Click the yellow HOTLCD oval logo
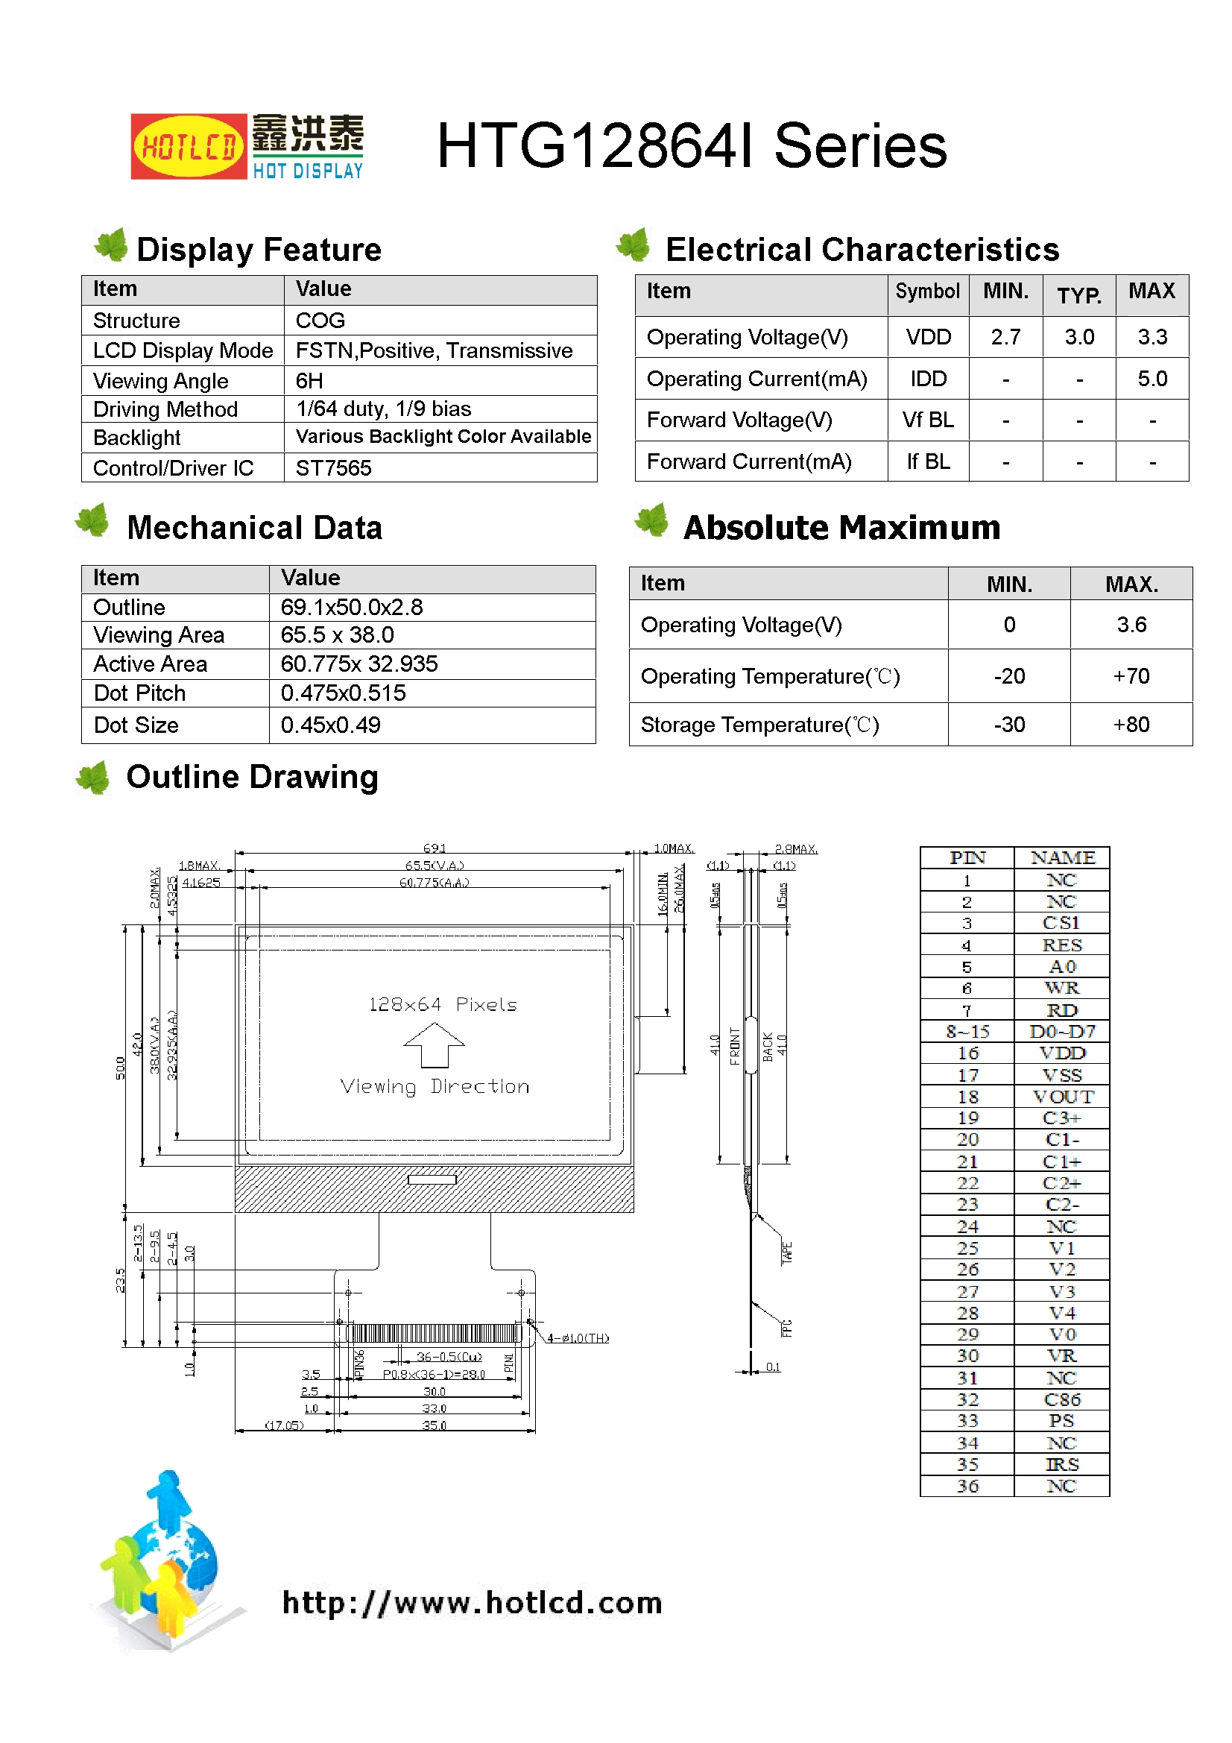tap(189, 147)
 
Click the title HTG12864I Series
tap(691, 146)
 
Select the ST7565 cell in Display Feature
tap(333, 467)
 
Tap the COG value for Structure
tap(320, 321)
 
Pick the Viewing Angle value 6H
tap(309, 380)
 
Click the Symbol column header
tap(927, 291)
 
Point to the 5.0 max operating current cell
tap(1152, 379)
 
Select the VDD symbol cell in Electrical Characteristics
tap(928, 337)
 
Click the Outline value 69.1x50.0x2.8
tap(352, 608)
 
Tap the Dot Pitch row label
tap(139, 693)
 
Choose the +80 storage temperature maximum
tap(1131, 725)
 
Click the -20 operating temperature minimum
tap(1009, 676)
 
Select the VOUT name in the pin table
tap(1062, 1097)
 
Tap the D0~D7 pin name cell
tap(1062, 1032)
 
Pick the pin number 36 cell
tap(967, 1486)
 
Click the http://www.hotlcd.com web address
tap(472, 1603)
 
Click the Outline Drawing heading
tap(252, 777)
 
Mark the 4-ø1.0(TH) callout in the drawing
tap(578, 1338)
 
